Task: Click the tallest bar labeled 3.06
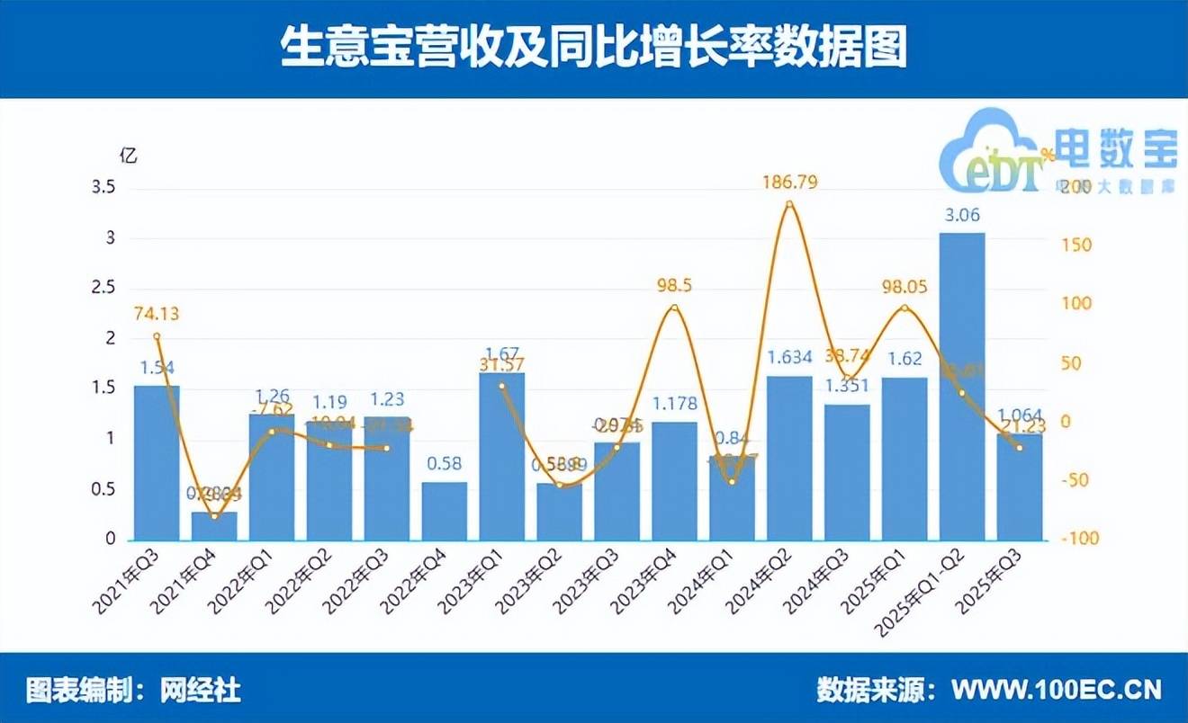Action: click(962, 387)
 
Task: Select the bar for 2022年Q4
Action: click(445, 511)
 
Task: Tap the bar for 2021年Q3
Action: click(157, 463)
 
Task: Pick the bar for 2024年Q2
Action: click(789, 458)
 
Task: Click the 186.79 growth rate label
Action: click(790, 183)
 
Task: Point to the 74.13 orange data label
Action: click(157, 314)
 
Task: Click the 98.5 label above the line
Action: click(674, 285)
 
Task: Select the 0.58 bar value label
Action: click(445, 465)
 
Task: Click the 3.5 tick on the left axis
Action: click(104, 188)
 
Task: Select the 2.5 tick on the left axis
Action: click(104, 289)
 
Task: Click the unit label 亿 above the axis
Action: click(129, 155)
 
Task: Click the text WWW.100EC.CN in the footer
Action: click(1057, 690)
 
